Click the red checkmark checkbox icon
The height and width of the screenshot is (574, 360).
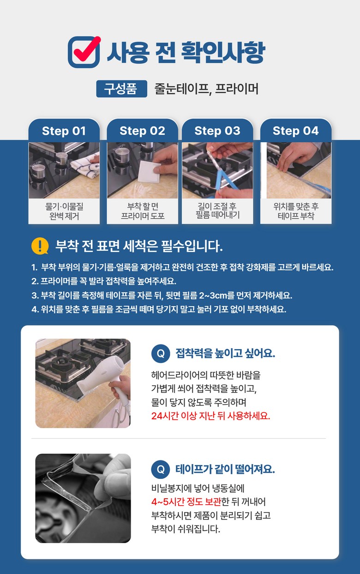pos(84,52)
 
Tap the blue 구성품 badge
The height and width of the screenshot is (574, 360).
pos(122,89)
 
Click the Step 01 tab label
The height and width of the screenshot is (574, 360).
pos(64,131)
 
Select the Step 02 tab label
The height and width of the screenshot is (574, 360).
pos(142,131)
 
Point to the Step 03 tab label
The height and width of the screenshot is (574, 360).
pos(217,131)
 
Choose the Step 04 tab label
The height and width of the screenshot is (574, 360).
pos(296,131)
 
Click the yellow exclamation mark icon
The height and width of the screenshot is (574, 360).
pos(40,246)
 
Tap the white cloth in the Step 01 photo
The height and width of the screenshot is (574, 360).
pos(86,166)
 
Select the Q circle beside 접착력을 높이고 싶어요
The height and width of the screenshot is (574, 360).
pos(161,354)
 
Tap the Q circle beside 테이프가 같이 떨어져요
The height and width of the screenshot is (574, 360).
pos(161,470)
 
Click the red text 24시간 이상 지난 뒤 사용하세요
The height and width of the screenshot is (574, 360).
pos(210,416)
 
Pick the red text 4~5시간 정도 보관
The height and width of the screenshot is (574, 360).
pos(186,501)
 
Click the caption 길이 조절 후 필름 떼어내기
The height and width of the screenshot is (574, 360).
pos(218,211)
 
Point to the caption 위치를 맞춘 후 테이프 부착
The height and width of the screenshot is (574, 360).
pos(296,211)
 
